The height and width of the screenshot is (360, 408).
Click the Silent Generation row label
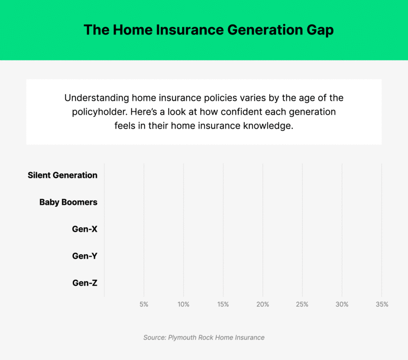coord(62,175)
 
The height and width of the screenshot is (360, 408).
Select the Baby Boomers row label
coord(68,202)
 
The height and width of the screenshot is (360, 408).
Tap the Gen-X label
coord(84,229)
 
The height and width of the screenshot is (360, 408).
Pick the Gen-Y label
coord(84,256)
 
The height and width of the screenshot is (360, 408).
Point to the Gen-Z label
coord(84,283)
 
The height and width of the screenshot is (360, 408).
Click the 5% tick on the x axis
coord(144,304)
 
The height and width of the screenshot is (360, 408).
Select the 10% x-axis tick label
coord(183,304)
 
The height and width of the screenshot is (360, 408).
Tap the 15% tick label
coord(223,304)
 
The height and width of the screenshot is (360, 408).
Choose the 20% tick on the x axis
coord(262,304)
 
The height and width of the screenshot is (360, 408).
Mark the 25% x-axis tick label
coord(302,304)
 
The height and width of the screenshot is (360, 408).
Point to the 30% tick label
coord(341,304)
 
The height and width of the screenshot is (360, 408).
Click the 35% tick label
coord(381,304)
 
